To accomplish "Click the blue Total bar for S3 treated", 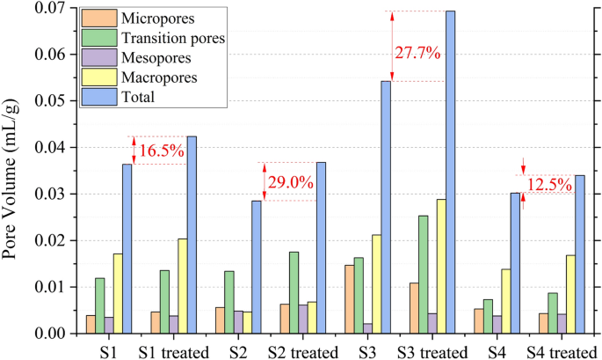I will point(451,172).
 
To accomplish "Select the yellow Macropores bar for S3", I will point(376,284).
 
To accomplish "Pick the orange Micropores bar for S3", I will point(350,299).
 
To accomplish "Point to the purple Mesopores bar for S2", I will point(238,322).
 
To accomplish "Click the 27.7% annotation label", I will point(417,53).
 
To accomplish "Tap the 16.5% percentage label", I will point(162,151).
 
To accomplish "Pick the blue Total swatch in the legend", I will point(100,98).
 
